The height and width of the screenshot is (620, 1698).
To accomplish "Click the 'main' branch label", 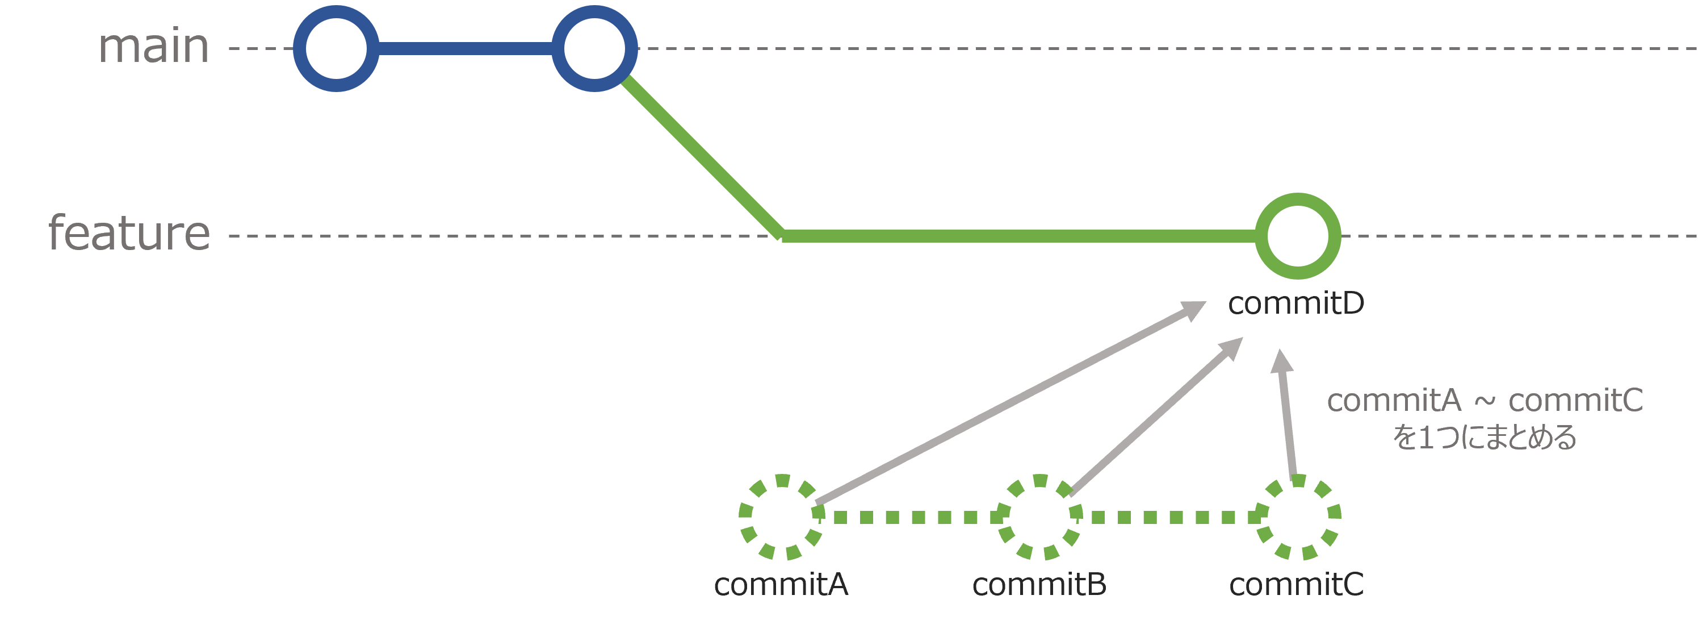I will point(154,48).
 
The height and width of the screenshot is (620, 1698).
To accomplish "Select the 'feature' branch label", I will point(129,234).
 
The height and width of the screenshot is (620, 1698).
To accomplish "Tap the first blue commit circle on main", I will point(336,48).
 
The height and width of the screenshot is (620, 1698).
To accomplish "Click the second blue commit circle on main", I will point(594,48).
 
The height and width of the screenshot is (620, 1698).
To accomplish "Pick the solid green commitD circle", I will point(1297,235).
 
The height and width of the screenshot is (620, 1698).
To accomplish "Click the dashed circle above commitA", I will point(782,517).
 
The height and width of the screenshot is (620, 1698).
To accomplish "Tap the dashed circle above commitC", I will point(1298,517).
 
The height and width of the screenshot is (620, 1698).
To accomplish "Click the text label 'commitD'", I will point(1296,303).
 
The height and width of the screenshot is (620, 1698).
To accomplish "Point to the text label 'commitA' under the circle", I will point(781,584).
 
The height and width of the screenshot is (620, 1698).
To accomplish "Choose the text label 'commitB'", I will point(1039,584).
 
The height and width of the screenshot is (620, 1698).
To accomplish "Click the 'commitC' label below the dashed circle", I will point(1297,584).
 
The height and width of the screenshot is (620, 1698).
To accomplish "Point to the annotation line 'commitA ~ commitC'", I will point(1485,401).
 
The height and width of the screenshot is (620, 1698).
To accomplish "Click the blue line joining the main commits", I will point(466,48).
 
